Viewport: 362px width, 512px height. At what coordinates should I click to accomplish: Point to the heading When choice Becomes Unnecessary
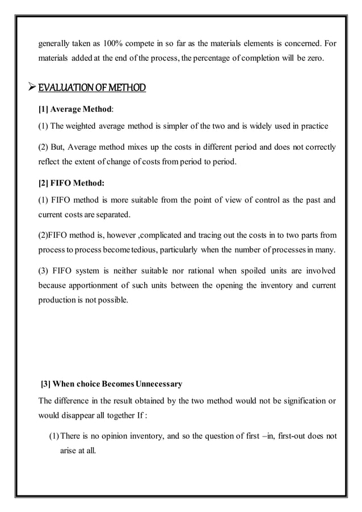click(x=112, y=384)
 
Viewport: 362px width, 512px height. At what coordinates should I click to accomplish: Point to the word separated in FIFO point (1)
click(x=111, y=215)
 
